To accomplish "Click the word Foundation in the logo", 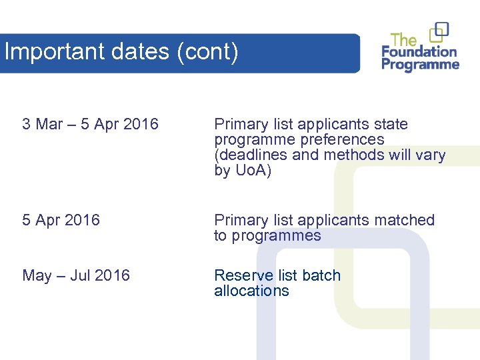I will (419, 51).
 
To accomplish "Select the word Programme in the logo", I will (421, 65).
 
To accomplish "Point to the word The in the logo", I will (404, 39).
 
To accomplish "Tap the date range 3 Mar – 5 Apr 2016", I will (91, 124).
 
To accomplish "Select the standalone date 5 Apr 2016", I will (61, 220).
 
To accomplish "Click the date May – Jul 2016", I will (76, 275).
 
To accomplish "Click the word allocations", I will (251, 291).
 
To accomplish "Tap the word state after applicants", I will (391, 124).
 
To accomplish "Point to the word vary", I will (430, 155).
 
